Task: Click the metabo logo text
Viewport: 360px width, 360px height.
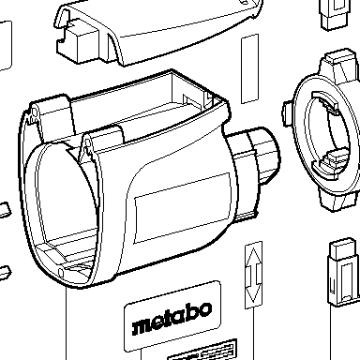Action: click(x=172, y=319)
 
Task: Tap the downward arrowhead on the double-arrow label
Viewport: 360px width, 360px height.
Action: click(x=253, y=293)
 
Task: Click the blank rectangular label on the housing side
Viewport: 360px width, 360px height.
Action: click(x=183, y=207)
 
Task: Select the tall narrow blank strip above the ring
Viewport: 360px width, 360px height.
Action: click(x=250, y=68)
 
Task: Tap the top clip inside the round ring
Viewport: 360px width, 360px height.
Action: click(x=325, y=101)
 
